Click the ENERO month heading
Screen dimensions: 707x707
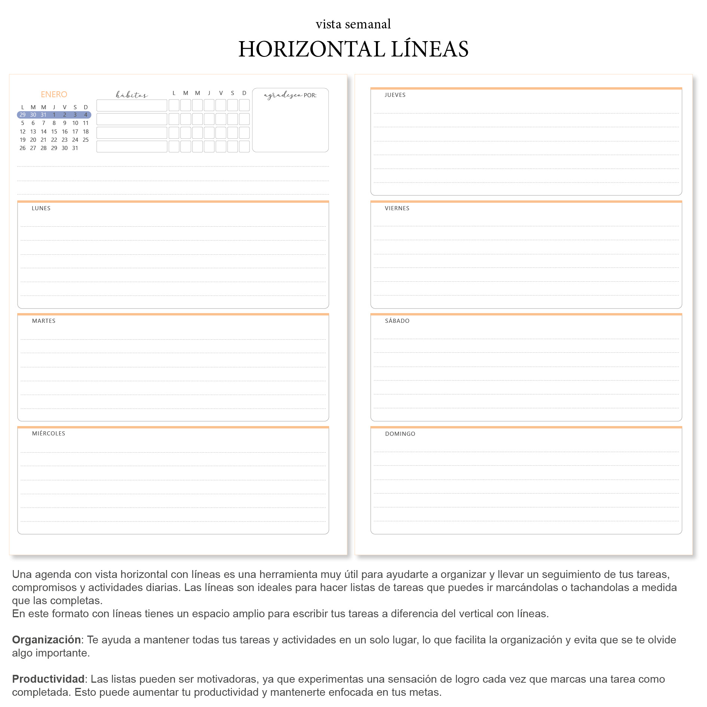click(54, 94)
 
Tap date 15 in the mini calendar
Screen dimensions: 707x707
click(54, 132)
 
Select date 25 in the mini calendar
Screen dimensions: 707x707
click(86, 140)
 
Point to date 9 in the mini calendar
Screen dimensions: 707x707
click(65, 123)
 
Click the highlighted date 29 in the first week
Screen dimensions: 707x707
click(22, 115)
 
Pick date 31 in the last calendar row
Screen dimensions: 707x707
click(75, 148)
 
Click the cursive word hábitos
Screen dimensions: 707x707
click(132, 95)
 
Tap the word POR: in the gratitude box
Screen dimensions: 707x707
click(310, 95)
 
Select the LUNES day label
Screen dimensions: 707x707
click(41, 208)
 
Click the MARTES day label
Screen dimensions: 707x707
click(44, 321)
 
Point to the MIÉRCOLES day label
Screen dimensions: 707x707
click(49, 434)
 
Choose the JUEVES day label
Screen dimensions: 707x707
click(395, 95)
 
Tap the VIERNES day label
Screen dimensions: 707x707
click(397, 208)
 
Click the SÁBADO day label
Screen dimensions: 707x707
click(397, 321)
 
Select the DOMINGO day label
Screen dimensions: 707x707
click(400, 434)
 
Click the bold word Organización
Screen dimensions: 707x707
click(46, 640)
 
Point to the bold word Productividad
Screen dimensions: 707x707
click(48, 679)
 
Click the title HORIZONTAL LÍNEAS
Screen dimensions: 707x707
click(353, 49)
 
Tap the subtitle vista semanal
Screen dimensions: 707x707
click(353, 24)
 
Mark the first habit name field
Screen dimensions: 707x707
click(132, 105)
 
